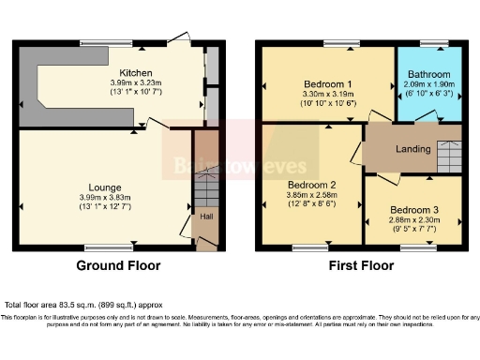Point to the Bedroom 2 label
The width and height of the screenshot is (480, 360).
(x=312, y=184)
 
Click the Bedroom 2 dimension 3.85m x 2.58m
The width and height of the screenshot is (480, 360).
(x=312, y=195)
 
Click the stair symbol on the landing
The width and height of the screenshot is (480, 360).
(x=448, y=150)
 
